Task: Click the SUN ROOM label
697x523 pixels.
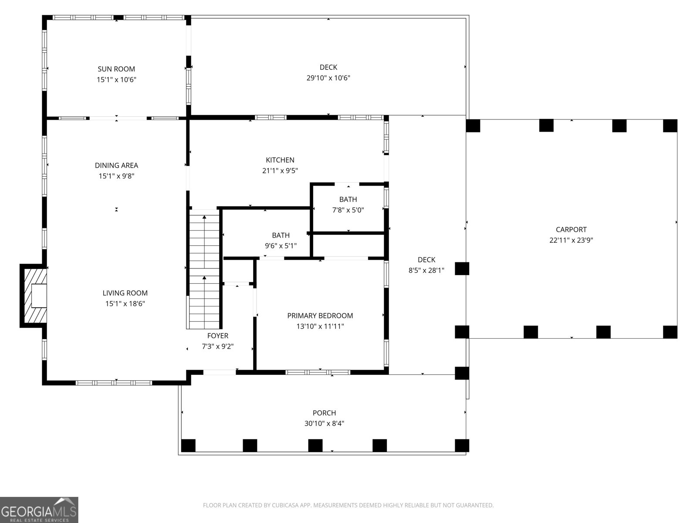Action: [x=116, y=69]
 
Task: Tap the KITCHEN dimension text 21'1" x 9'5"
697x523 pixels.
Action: [x=280, y=171]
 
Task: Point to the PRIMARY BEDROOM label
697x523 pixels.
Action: [x=320, y=316]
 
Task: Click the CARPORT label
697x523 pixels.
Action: [x=571, y=229]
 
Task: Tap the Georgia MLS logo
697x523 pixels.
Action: [x=39, y=509]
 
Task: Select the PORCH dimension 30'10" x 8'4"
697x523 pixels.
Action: [x=324, y=424]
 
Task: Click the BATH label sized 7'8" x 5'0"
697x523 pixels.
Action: [x=348, y=199]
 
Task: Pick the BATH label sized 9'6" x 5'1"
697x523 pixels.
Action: [x=281, y=235]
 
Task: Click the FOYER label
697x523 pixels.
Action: [x=217, y=336]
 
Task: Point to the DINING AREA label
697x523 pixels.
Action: [x=116, y=165]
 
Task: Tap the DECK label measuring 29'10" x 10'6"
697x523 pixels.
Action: [x=328, y=67]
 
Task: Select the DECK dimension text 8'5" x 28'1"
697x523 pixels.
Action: [x=426, y=270]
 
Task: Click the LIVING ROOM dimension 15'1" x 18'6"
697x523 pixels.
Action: [x=125, y=304]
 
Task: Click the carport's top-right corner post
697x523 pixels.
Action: [x=670, y=126]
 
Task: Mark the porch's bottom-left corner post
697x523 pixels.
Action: [x=188, y=445]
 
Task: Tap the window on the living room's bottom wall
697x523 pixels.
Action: [x=114, y=383]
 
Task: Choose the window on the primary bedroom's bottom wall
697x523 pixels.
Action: [x=318, y=372]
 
